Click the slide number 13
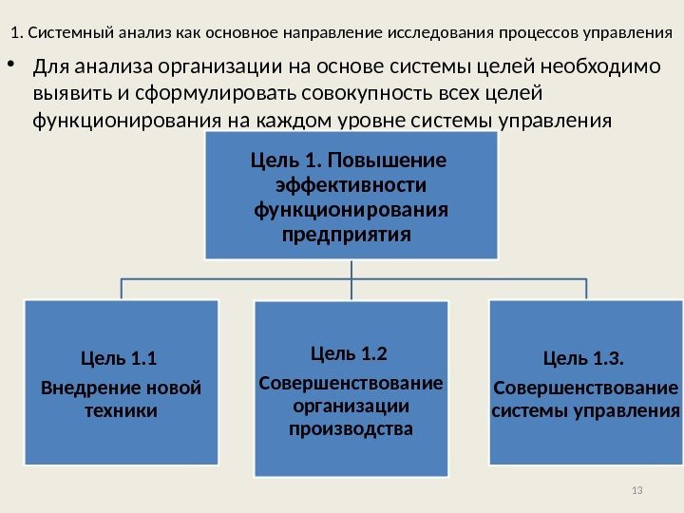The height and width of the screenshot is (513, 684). pos(636,489)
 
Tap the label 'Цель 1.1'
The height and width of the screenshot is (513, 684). pos(116,358)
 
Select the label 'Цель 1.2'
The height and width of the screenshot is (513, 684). pos(350,354)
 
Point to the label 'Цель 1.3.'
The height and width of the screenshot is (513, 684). pos(584,358)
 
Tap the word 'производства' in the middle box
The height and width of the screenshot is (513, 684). pos(351,428)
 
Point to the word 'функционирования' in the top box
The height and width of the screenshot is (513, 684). pos(350,208)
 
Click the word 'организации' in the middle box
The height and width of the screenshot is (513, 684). pos(351,406)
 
